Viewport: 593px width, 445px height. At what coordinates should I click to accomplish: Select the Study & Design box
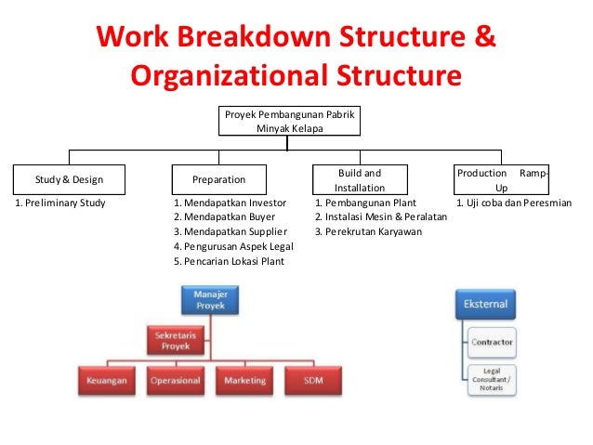69,179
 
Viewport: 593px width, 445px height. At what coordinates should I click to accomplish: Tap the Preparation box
218,179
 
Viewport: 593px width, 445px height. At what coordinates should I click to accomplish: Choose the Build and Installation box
359,179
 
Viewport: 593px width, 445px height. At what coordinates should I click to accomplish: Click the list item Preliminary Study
59,203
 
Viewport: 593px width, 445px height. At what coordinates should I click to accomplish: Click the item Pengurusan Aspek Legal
233,246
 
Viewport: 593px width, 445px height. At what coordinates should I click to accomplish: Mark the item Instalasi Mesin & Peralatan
381,217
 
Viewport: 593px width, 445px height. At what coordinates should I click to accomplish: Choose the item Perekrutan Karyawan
368,231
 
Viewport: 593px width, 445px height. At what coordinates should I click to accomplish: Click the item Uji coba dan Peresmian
514,203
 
